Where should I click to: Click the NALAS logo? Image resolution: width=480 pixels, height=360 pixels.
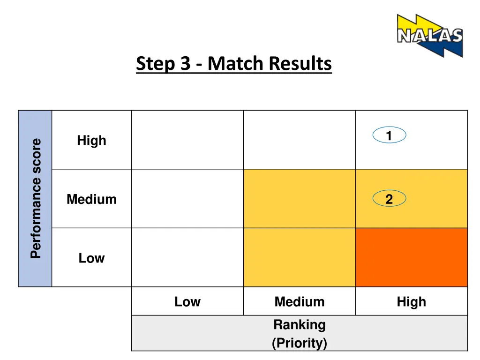429,35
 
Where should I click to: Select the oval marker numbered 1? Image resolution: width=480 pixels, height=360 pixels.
389,135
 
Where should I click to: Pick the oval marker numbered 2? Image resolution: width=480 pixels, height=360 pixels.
389,199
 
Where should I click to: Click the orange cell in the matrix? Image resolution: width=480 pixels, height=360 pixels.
412,257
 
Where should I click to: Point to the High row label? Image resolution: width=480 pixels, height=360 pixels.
91,140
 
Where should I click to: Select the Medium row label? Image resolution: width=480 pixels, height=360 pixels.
91,199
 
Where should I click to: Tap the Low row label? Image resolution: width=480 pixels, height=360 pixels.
91,258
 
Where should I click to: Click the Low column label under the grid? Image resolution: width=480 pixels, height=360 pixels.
187,301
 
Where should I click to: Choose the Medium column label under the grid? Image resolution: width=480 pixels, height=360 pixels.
299,301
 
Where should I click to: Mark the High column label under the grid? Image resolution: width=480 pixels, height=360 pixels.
411,301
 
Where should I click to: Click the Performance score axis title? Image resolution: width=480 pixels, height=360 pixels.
36,198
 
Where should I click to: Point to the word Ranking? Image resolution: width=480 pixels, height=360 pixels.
299,324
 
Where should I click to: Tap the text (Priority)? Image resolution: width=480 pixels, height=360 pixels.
299,343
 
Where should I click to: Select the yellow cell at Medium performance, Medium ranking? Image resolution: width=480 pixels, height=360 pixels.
300,198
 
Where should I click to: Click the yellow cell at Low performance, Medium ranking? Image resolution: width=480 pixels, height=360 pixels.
300,257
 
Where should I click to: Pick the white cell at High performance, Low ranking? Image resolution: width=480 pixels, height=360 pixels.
187,140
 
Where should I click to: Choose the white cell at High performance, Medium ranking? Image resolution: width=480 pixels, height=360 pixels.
300,140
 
